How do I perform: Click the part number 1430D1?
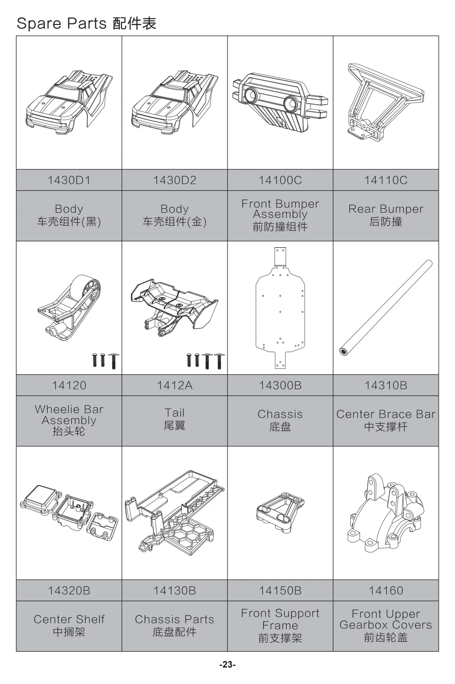(69, 180)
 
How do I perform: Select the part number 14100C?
(280, 180)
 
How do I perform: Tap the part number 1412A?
(175, 385)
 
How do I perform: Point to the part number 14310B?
(386, 385)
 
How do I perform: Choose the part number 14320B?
(69, 591)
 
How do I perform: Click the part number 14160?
(386, 591)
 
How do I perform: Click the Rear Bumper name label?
(386, 215)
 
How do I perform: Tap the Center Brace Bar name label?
(386, 420)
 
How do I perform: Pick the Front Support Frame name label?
(280, 625)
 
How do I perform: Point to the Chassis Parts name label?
(175, 625)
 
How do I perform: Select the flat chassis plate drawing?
(280, 308)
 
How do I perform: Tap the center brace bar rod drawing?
(386, 308)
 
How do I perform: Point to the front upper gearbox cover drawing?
(386, 513)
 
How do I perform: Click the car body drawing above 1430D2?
(175, 103)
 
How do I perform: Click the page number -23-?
(227, 665)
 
